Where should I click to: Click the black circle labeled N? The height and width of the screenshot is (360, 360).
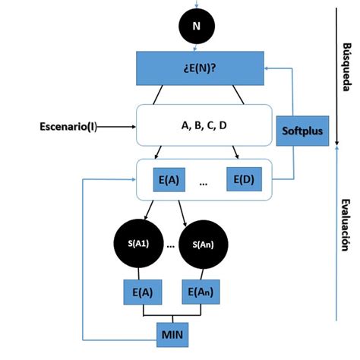197,27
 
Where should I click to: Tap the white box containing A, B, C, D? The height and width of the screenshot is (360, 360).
203,124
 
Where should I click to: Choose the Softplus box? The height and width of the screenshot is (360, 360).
302,131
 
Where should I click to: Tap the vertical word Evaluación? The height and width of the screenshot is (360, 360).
346,224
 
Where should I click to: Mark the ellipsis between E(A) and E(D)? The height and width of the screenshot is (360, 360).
203,182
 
